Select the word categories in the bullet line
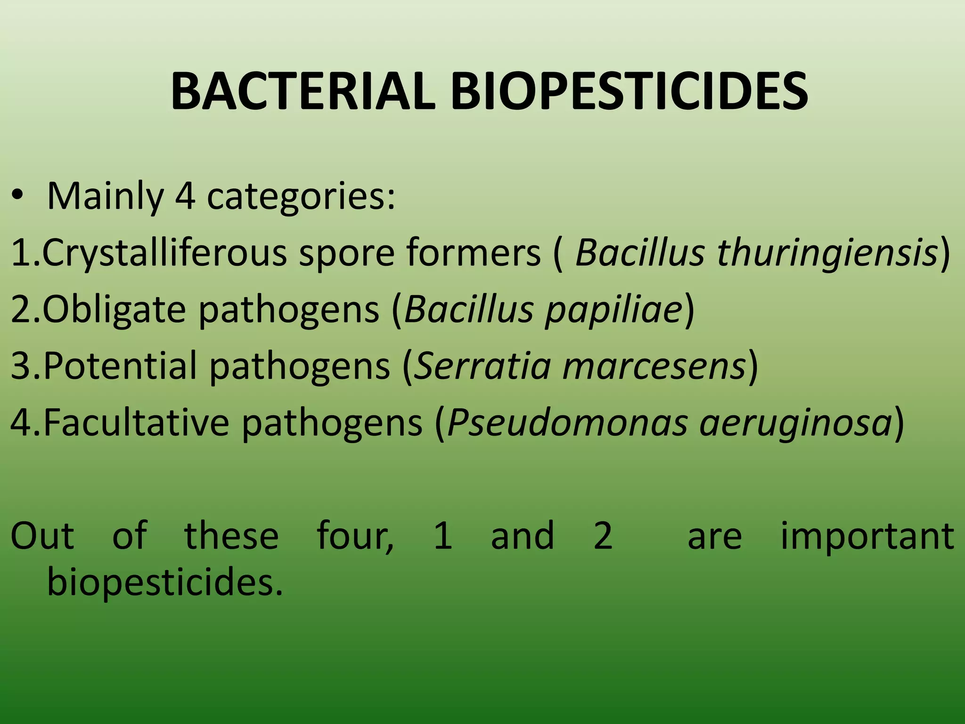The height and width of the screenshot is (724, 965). pyautogui.click(x=301, y=197)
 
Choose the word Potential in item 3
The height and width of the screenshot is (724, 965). pyautogui.click(x=120, y=366)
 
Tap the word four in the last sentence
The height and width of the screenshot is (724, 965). pyautogui.click(x=354, y=535)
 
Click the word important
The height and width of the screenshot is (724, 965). pyautogui.click(x=867, y=535)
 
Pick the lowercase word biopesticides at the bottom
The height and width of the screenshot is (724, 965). pyautogui.click(x=165, y=582)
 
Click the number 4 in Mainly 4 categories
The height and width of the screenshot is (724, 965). pyautogui.click(x=185, y=197)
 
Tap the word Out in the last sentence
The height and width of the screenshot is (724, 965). pyautogui.click(x=42, y=535)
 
